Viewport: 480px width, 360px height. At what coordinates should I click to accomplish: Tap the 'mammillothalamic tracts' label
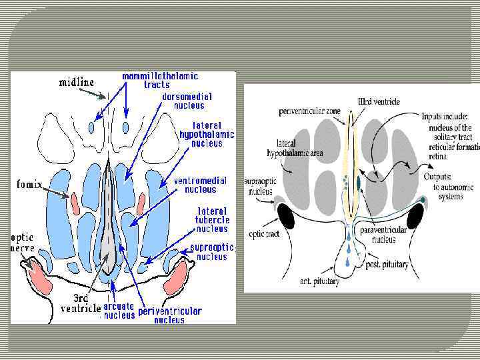pyautogui.click(x=145, y=80)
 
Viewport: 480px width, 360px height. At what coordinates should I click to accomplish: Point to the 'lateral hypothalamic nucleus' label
pyautogui.click(x=206, y=134)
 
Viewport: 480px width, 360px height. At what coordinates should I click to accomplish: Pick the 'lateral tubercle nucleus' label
pyautogui.click(x=212, y=219)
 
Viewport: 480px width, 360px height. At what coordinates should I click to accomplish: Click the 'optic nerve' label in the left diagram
pyautogui.click(x=21, y=243)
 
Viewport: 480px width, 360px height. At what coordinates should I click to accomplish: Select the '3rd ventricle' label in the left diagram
pyautogui.click(x=81, y=304)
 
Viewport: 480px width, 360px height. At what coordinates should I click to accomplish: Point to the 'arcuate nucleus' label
pyautogui.click(x=119, y=311)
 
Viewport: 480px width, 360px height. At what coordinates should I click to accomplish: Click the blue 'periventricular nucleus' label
pyautogui.click(x=169, y=315)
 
